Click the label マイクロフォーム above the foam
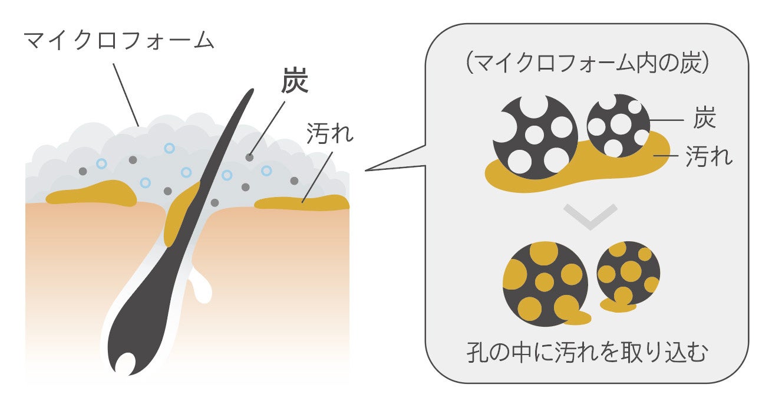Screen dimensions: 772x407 click(118, 40)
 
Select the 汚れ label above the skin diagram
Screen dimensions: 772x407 click(330, 134)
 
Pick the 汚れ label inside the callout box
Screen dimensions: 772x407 click(710, 157)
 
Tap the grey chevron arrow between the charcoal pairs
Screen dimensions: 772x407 click(589, 216)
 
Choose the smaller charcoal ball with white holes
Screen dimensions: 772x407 click(619, 125)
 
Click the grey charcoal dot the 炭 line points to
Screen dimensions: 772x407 click(250, 157)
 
